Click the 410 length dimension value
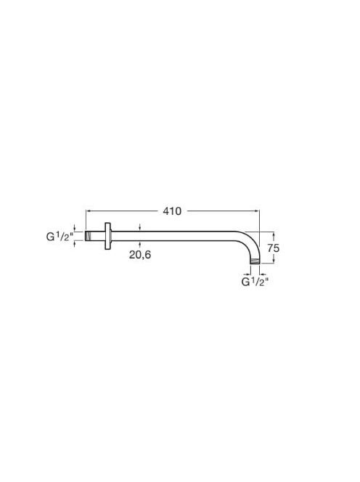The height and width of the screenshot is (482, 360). coord(172,211)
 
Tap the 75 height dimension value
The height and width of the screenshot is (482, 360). coord(273,248)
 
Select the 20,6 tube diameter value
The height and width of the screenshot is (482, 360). coord(140,255)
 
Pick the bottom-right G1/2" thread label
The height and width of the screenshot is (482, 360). coord(255,282)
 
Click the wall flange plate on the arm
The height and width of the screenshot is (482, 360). coord(107,236)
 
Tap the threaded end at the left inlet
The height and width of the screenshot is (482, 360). coord(89,236)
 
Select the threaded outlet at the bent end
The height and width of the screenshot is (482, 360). coord(255,261)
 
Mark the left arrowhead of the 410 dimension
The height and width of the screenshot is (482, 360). coord(87,211)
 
